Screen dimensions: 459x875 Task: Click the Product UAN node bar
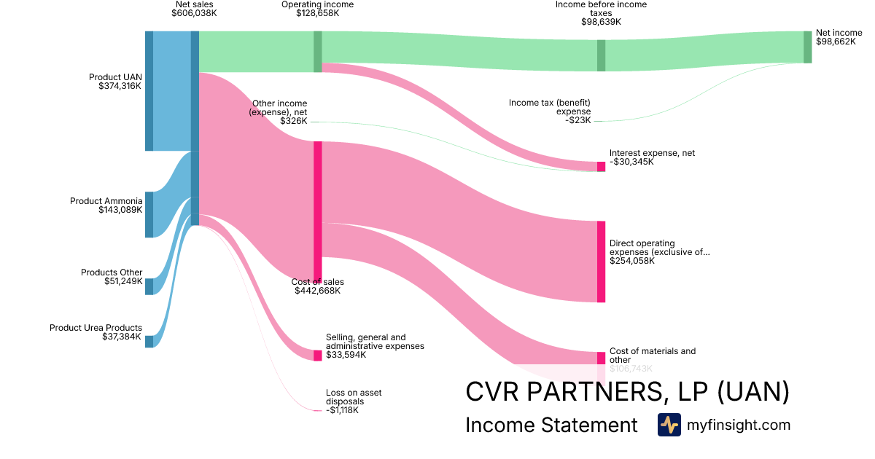click(x=149, y=91)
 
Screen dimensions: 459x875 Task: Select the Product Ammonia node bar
click(x=149, y=214)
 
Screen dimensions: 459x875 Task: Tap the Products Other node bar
click(x=149, y=286)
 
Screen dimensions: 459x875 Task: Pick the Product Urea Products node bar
click(x=149, y=341)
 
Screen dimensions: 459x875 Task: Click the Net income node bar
click(x=807, y=47)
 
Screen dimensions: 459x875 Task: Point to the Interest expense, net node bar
click(x=601, y=167)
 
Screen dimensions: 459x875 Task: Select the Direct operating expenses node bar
click(x=601, y=262)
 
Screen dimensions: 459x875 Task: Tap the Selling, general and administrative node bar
click(x=317, y=356)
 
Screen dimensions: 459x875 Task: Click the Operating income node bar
click(x=317, y=52)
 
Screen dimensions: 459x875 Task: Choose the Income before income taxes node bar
click(x=601, y=55)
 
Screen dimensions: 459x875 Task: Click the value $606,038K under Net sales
click(x=193, y=13)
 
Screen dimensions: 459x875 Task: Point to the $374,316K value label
click(x=120, y=86)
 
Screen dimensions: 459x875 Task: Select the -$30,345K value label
click(x=631, y=162)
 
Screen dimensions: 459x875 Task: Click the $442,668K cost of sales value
click(x=318, y=291)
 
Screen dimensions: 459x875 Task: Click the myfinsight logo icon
click(x=669, y=425)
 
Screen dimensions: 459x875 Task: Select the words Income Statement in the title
click(x=551, y=425)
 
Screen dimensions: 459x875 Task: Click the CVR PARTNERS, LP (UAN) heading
click(x=627, y=392)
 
